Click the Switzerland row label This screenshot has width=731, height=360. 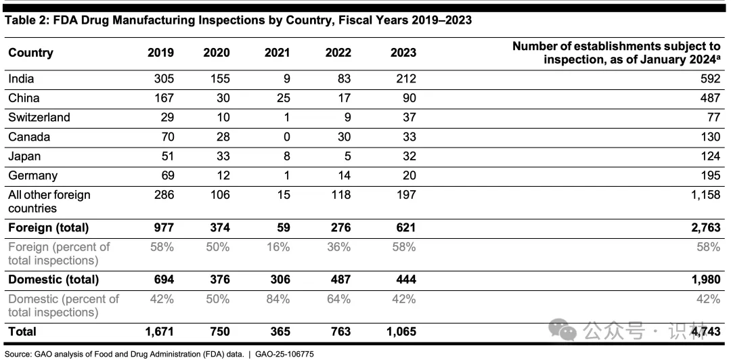coord(39,117)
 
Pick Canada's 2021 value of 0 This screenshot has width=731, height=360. coord(286,137)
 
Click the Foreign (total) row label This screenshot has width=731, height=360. coord(49,227)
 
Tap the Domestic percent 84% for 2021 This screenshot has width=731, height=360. coord(279,298)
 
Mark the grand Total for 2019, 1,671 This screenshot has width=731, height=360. coord(159,332)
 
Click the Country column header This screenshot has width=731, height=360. coord(30,53)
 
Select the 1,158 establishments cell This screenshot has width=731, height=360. coord(705,195)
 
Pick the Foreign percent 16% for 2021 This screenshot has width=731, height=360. coord(279,247)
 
